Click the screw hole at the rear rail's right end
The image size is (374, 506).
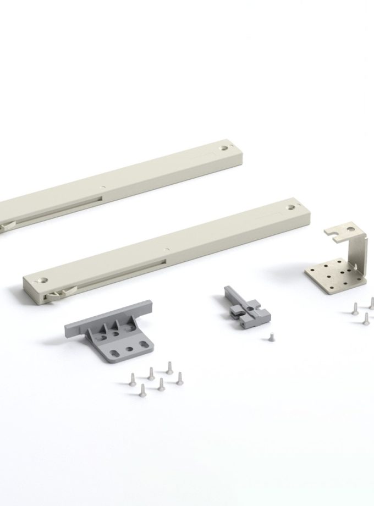click(x=224, y=148)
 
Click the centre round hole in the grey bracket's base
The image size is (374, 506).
click(x=129, y=349)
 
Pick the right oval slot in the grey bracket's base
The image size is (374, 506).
click(x=144, y=345)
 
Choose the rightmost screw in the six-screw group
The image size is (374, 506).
click(x=179, y=377)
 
